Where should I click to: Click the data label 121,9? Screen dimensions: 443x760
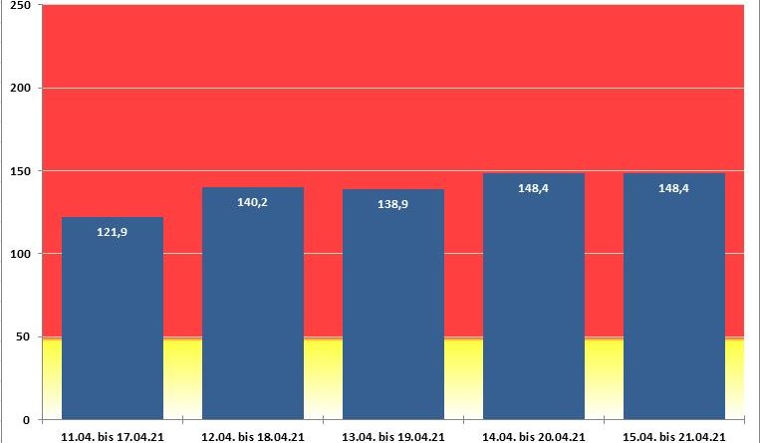[x=113, y=232]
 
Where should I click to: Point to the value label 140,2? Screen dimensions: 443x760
[x=253, y=202]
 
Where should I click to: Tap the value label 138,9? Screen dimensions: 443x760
[x=393, y=204]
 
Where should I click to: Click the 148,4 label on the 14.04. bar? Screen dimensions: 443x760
[x=534, y=187]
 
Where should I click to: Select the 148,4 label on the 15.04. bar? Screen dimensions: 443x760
[x=674, y=187]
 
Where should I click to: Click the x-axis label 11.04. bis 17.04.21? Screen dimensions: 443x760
[x=113, y=435]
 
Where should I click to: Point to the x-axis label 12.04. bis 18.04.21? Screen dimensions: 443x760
[x=253, y=435]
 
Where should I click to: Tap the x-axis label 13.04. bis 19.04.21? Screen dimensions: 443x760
[x=393, y=435]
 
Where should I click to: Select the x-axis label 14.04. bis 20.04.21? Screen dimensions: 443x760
[x=534, y=435]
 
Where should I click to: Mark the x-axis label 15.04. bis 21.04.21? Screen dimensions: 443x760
[x=674, y=435]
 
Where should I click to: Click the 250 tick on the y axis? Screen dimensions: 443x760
[x=19, y=6]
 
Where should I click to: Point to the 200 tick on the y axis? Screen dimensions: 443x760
[x=19, y=89]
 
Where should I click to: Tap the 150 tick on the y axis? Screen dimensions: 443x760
[x=19, y=171]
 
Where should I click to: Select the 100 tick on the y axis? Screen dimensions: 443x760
[x=19, y=254]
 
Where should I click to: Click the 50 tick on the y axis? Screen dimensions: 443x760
[x=22, y=336]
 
